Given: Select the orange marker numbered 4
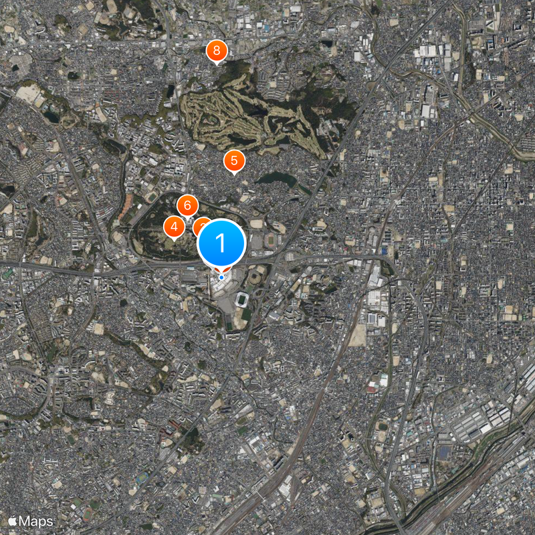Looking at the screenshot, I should (x=174, y=227).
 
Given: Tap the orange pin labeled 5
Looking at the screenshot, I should (x=233, y=160).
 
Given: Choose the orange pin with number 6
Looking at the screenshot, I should (x=187, y=205).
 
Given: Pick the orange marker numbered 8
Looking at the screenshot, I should (x=216, y=51).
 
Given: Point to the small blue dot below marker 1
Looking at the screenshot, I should (x=221, y=277).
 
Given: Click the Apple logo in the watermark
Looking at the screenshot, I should (x=12, y=520).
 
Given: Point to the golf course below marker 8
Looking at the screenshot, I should (x=254, y=117).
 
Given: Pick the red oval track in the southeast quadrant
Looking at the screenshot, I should (x=372, y=388).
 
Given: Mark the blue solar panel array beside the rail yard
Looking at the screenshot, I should (x=445, y=453).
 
